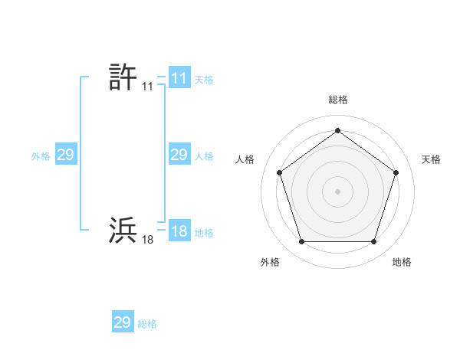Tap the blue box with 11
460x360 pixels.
pos(179,78)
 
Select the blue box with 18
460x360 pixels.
pos(179,231)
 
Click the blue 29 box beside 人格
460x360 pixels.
pos(179,155)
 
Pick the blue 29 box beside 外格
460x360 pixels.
pos(65,155)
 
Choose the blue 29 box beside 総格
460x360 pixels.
pos(123,322)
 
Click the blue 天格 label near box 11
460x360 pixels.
pos(204,79)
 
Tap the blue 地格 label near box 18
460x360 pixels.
pos(204,232)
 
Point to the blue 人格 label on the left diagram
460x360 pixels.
pos(204,155)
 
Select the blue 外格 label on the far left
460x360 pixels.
pos(41,155)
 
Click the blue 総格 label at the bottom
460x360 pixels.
pos(147,323)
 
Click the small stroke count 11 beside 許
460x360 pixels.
pos(147,87)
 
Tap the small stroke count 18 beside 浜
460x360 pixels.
pos(147,240)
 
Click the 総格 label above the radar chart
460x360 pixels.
pos(337,100)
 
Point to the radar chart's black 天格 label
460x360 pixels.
pos(432,159)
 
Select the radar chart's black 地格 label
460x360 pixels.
pos(402,262)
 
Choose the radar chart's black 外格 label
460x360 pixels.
pos(270,262)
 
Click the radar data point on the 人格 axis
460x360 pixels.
pos(279,172)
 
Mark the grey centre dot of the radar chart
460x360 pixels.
pos(337,191)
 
